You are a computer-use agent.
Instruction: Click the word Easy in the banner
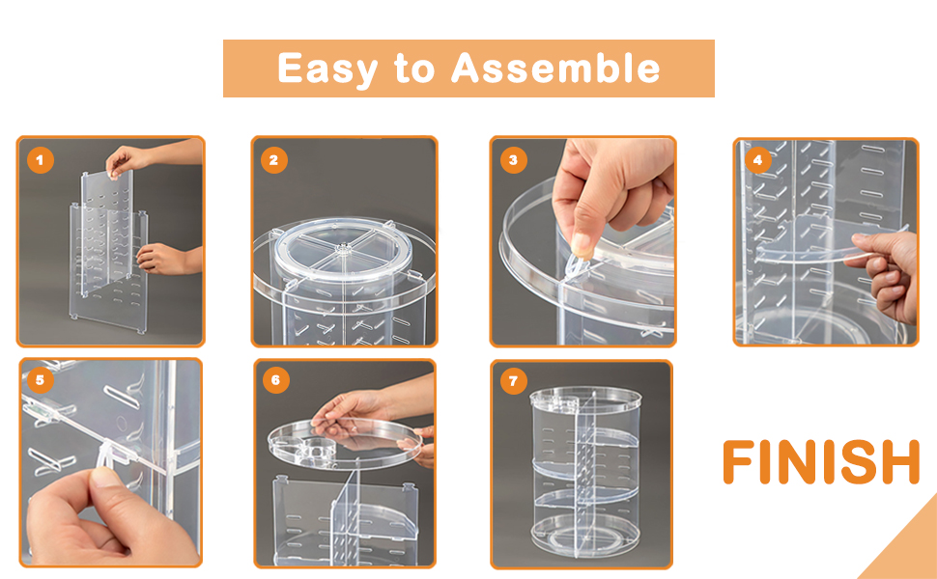point(327,69)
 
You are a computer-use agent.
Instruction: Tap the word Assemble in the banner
point(555,69)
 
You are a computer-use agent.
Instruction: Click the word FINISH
point(821,461)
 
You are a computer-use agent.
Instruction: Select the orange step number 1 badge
point(40,160)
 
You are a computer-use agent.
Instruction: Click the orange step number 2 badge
point(273,160)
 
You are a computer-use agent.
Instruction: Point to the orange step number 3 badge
point(513,160)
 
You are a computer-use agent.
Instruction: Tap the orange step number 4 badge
point(757,160)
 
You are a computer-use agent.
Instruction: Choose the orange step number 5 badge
point(40,380)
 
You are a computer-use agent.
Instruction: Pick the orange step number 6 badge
point(275,380)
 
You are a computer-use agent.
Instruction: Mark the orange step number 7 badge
point(513,381)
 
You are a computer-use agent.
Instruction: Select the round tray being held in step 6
point(344,443)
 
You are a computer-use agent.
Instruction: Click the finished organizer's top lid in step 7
point(585,397)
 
